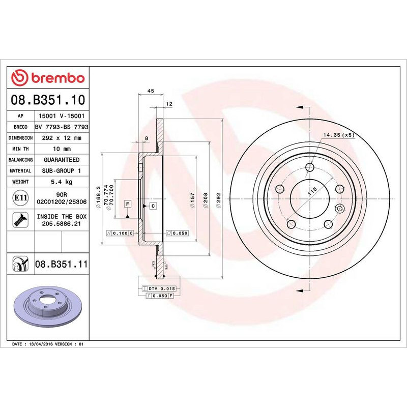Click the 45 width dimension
150,91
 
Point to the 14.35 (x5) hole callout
338,135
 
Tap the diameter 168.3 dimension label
99,195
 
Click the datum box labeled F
128,204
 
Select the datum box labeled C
153,206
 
